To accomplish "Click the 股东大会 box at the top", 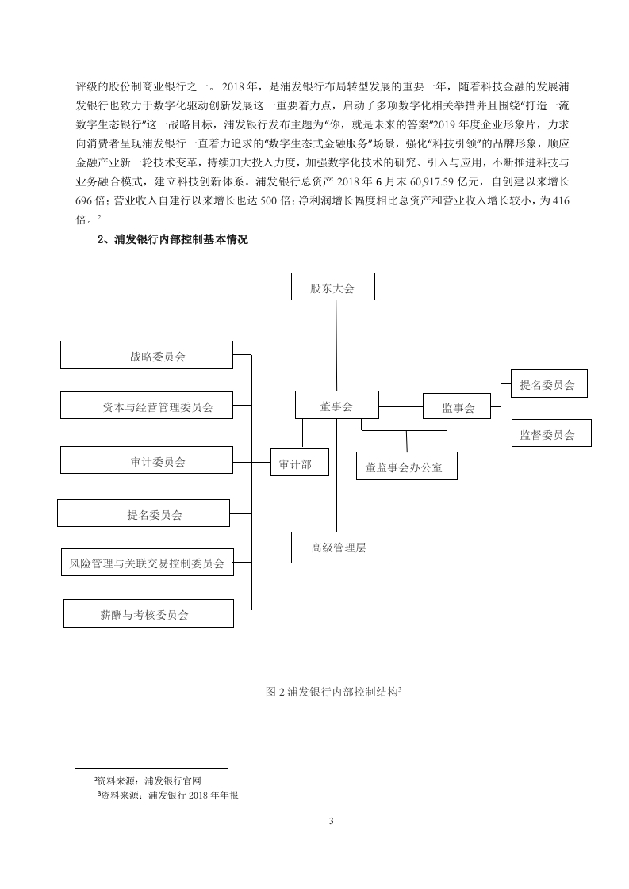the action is (x=333, y=286).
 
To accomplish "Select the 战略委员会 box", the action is (x=147, y=355).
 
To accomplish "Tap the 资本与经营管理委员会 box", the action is (x=147, y=406).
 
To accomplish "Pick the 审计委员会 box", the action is (x=147, y=460).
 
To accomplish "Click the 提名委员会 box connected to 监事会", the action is (x=549, y=383).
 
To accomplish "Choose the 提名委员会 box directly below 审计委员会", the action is (x=144, y=513).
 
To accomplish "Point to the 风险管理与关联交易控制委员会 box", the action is (x=148, y=562).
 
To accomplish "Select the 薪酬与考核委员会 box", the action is (x=149, y=613).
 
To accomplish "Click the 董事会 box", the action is (x=336, y=405).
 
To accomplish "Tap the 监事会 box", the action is (x=457, y=406).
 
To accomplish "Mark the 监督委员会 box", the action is (x=551, y=433).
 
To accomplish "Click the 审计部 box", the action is (x=300, y=462).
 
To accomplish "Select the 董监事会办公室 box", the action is (x=406, y=465).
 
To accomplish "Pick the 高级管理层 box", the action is (x=340, y=548).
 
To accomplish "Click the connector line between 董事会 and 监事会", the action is (x=401, y=406).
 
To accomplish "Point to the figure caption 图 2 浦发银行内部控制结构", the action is (x=334, y=691).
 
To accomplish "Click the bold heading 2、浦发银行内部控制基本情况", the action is (x=173, y=239).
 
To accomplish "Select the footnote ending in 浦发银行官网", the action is (x=148, y=780).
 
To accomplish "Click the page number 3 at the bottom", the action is (x=332, y=821).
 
